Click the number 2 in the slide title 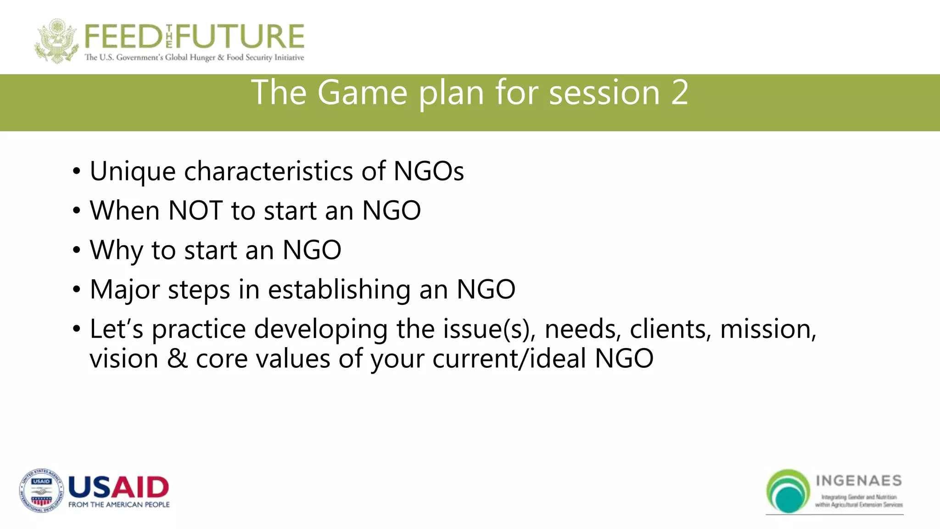(x=679, y=93)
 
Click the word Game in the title (x=362, y=93)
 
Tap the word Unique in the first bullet (x=133, y=172)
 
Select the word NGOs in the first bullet (x=429, y=171)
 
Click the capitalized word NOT (x=196, y=210)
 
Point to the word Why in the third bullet (x=117, y=250)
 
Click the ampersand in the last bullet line (x=178, y=359)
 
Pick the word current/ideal (x=509, y=359)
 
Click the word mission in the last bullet (x=768, y=329)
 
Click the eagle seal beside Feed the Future (x=56, y=40)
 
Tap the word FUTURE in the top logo (x=240, y=37)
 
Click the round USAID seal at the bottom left (x=41, y=491)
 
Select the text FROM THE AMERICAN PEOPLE (x=119, y=505)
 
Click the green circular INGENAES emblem (x=788, y=491)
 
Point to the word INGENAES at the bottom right (x=859, y=481)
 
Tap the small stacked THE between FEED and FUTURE (x=169, y=37)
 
